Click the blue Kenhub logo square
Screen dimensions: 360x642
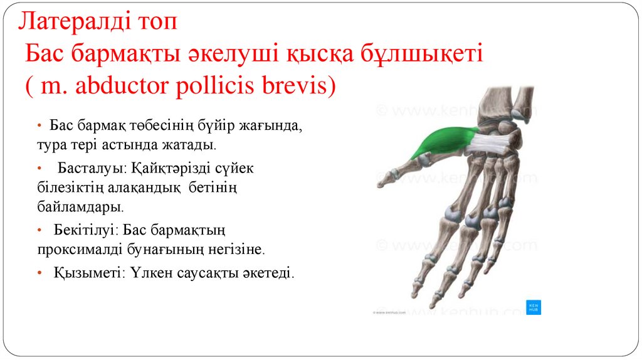click(533, 307)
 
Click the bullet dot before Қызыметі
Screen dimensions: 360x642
click(40, 273)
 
